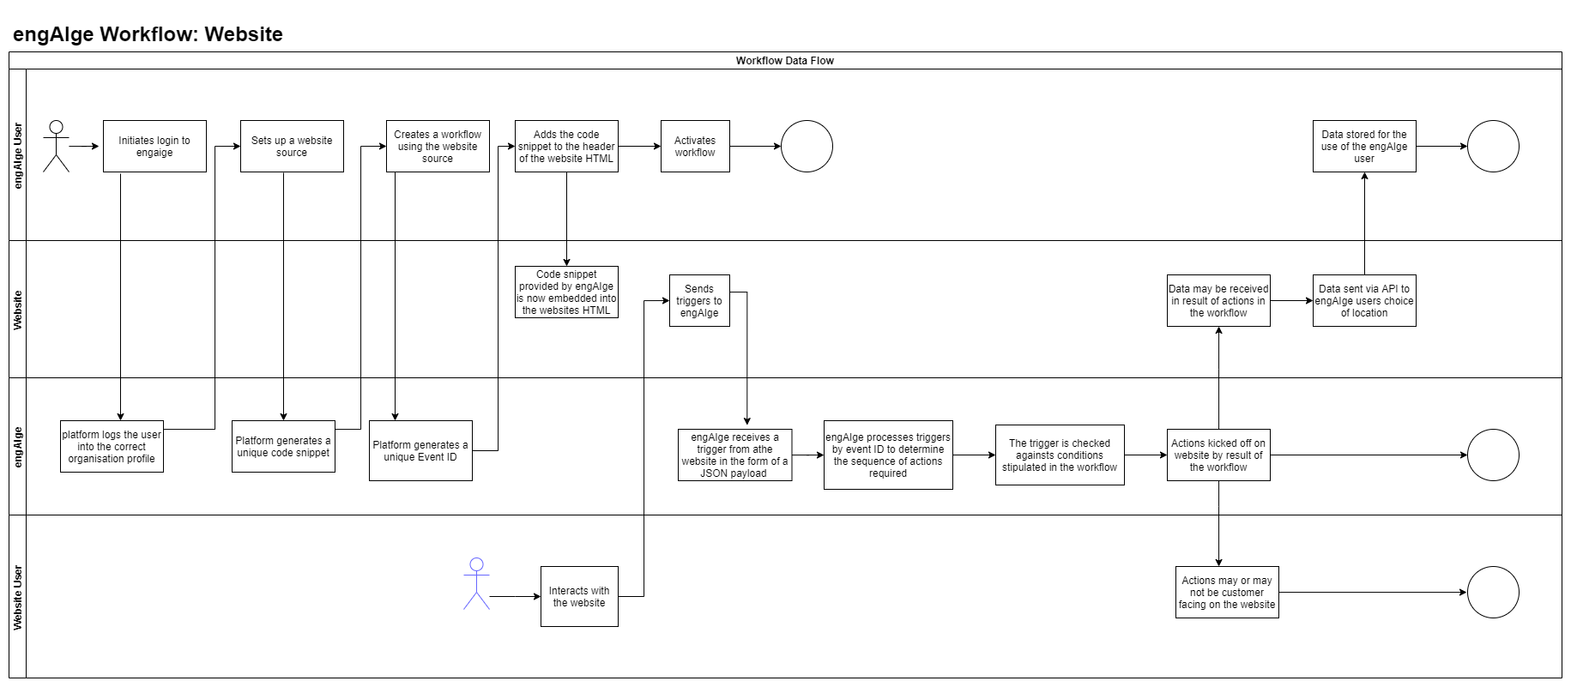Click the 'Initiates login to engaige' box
click(x=154, y=147)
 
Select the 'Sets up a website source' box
click(x=292, y=147)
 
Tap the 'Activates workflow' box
click(x=695, y=147)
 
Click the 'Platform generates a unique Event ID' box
click(x=420, y=450)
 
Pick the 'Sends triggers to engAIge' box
click(x=699, y=301)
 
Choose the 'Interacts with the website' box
click(x=579, y=596)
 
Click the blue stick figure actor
click(x=476, y=583)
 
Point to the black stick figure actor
click(x=57, y=146)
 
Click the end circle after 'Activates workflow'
click(x=807, y=147)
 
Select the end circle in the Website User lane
click(x=1493, y=593)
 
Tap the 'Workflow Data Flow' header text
click(x=784, y=61)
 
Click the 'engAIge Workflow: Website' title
click(x=148, y=34)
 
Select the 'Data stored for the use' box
click(x=1364, y=147)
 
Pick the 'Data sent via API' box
click(x=1364, y=301)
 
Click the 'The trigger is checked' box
click(x=1060, y=455)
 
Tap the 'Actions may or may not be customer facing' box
click(x=1227, y=593)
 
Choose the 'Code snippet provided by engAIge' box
click(x=566, y=292)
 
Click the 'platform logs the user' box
click(x=112, y=447)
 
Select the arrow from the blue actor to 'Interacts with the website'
click(x=515, y=596)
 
